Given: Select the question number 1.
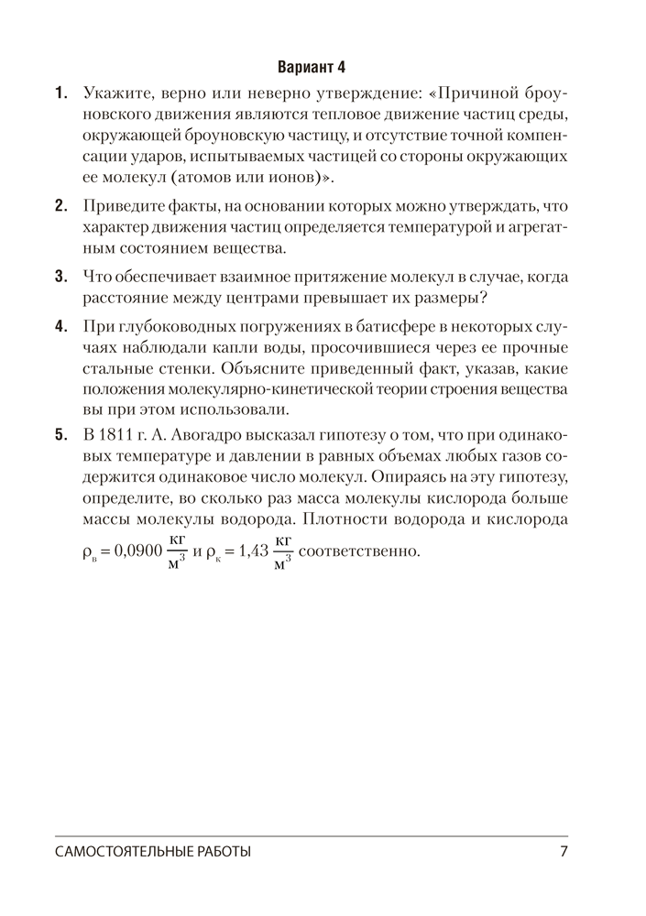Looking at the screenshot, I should [60, 93].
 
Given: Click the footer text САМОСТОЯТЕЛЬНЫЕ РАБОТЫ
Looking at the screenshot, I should [152, 852].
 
